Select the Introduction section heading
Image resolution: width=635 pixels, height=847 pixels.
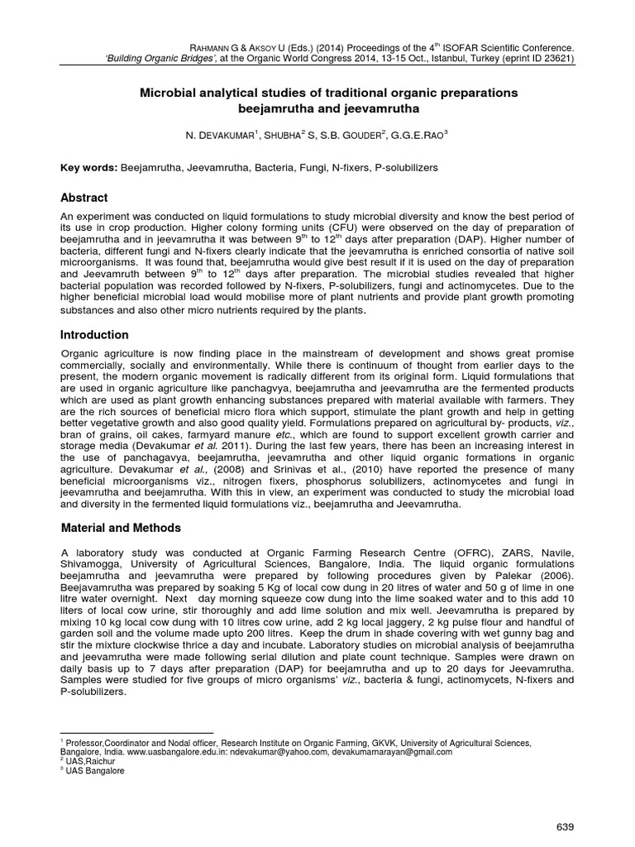95,335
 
